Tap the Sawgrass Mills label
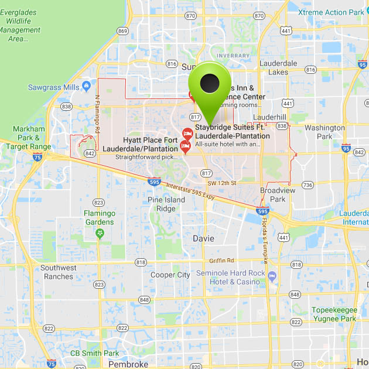coord(53,87)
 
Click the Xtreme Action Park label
coord(331,12)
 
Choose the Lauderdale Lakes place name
coord(278,67)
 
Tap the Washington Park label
coord(324,132)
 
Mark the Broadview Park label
coord(272,195)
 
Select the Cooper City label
coord(170,275)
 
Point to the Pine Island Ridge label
coord(166,204)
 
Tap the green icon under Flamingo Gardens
coord(100,234)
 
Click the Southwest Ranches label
coord(59,272)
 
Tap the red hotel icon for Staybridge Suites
coord(187,134)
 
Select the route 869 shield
coord(122,31)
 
